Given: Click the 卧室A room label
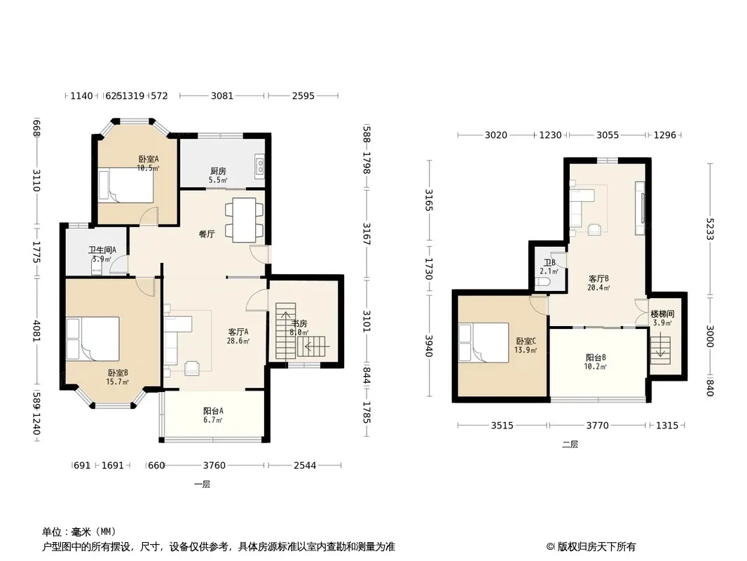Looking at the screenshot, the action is coord(149,159).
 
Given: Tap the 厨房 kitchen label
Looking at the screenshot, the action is coord(218,171).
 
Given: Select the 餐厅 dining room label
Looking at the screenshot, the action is coord(207,234).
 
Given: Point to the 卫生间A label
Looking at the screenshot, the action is coord(102,250).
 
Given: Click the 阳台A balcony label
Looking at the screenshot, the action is coord(213,411).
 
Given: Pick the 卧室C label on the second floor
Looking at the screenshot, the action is coord(526,341).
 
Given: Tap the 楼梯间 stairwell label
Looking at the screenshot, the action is coord(663,314).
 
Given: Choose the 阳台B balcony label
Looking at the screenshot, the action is coord(596,358).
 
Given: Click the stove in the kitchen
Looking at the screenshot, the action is coord(260,166).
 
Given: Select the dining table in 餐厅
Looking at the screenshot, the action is coord(245,219).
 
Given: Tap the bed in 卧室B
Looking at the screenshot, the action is coord(93,339).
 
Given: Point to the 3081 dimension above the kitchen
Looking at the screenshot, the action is coord(222,96).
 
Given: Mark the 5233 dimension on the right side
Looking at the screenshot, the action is coord(710,230).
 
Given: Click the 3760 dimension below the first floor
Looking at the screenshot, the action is coord(214,465).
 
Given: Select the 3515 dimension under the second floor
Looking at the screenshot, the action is coord(502,425).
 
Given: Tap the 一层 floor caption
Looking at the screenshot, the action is coord(202,485).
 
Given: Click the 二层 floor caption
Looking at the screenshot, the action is coord(570,444).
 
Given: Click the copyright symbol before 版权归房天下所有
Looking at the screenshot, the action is coord(550,547).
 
